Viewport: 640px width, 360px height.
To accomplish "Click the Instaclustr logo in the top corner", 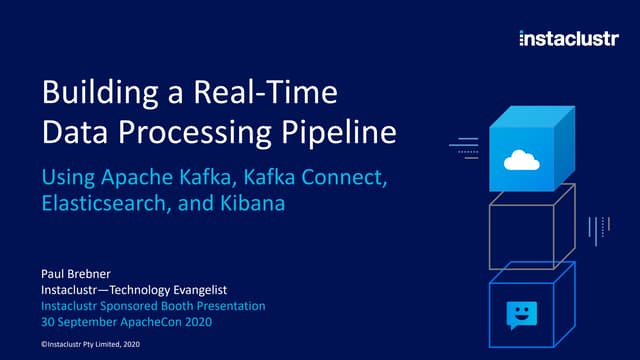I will [x=567, y=39].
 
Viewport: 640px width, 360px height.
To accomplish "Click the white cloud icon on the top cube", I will [x=521, y=159].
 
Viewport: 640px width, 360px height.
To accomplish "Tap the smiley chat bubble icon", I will [x=520, y=314].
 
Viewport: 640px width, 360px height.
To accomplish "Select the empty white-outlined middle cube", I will [x=531, y=232].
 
